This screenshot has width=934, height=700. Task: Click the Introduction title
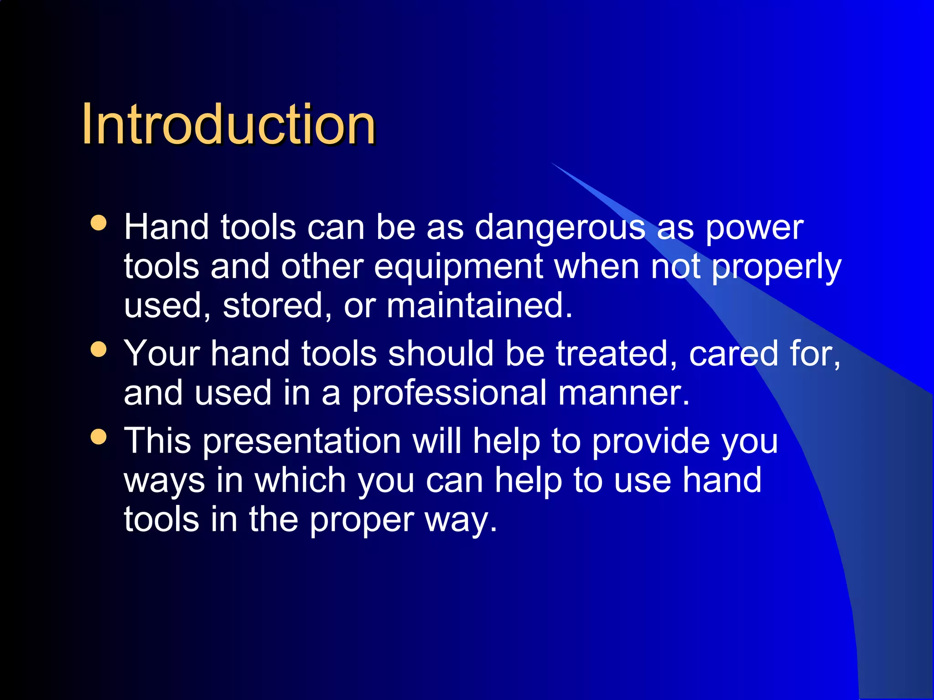tap(228, 124)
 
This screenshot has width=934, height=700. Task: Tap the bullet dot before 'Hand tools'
tap(99, 223)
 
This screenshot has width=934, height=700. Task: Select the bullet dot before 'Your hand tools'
tap(99, 350)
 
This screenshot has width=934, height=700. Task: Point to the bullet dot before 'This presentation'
tap(99, 437)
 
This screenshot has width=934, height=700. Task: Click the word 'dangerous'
tap(560, 228)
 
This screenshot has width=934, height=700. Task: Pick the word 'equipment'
tap(458, 267)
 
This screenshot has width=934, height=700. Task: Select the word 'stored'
tap(272, 306)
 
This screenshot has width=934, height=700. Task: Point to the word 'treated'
tap(611, 354)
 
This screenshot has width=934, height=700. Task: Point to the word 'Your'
tap(162, 354)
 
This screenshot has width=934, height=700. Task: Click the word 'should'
tap(441, 354)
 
